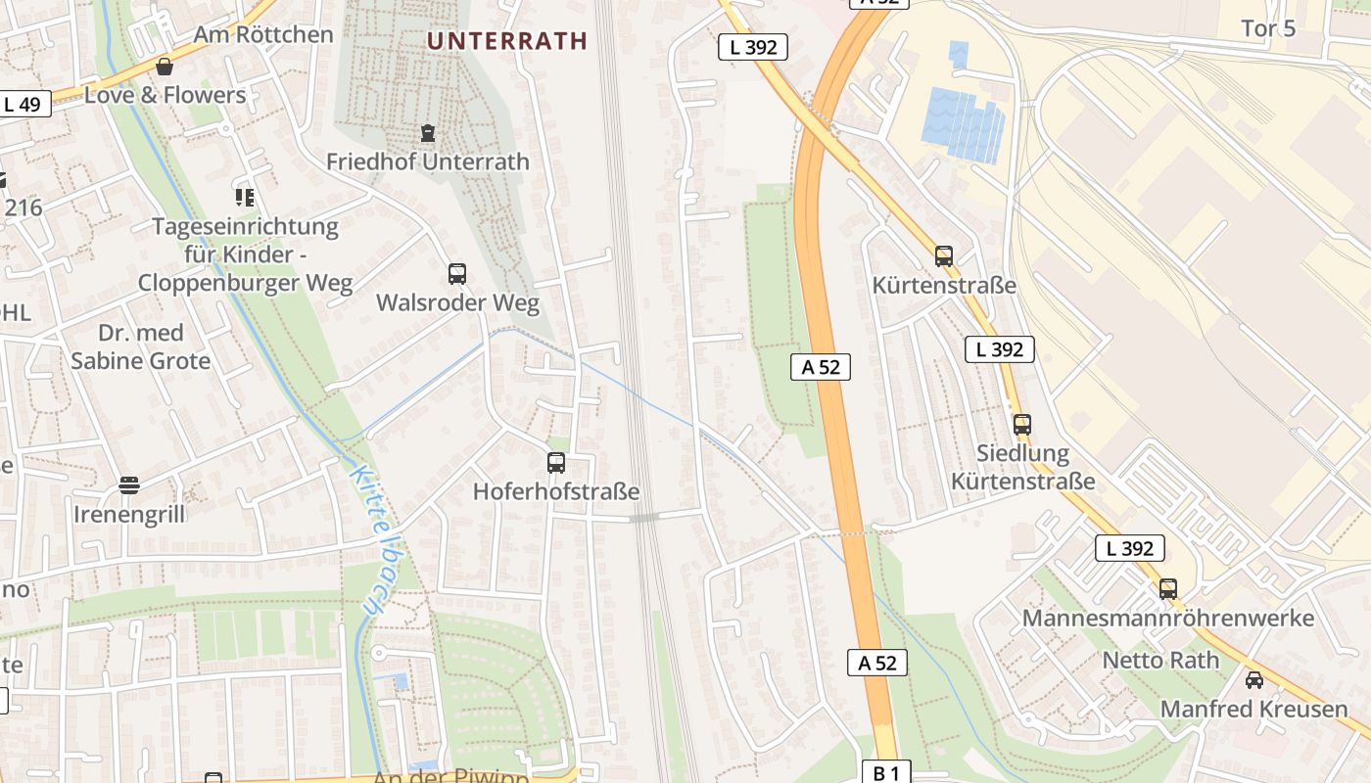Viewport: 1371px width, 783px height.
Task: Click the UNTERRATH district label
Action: tap(507, 41)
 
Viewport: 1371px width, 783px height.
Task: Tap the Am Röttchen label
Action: tap(263, 34)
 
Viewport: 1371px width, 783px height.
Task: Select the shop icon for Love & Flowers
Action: tap(165, 67)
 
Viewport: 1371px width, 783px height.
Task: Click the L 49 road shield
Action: tap(22, 104)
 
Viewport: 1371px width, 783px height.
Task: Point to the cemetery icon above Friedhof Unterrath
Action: tap(427, 132)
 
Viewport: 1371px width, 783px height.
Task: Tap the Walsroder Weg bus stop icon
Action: tap(457, 274)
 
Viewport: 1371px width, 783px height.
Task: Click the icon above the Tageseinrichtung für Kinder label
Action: tap(245, 198)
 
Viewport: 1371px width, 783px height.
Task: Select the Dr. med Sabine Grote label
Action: tap(140, 347)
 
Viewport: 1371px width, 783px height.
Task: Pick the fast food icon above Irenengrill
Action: tap(129, 485)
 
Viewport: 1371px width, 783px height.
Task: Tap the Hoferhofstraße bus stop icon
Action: tap(556, 462)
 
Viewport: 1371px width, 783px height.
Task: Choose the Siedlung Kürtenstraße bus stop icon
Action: tap(1022, 425)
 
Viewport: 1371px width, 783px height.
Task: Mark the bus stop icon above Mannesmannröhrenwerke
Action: tap(1168, 589)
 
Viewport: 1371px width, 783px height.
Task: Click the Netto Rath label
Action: tap(1160, 660)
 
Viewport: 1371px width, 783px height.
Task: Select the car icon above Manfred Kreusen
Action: tap(1254, 680)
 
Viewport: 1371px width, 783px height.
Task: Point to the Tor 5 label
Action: tap(1268, 28)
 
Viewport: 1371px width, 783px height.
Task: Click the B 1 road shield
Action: tap(885, 773)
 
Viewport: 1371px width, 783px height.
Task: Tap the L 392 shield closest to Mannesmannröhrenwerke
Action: tap(1130, 548)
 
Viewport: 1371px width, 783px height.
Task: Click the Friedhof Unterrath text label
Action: tap(427, 161)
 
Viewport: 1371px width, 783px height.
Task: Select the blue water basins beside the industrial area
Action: tap(965, 121)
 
